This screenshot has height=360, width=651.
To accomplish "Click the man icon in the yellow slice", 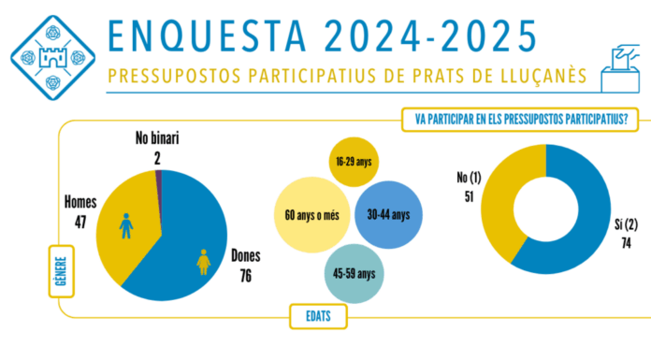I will [x=126, y=225].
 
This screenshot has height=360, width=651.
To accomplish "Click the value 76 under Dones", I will [x=245, y=275].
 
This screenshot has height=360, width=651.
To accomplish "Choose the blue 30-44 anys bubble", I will [x=388, y=214].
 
